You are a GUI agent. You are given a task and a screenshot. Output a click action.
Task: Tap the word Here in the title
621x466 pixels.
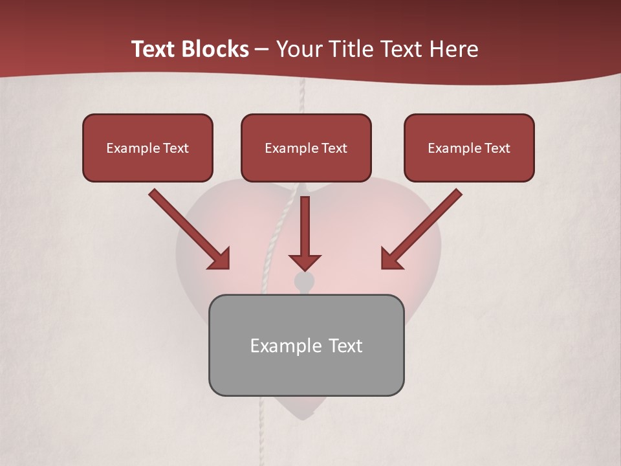[456, 49]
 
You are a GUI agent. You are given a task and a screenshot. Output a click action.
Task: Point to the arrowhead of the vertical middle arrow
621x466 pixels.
[305, 261]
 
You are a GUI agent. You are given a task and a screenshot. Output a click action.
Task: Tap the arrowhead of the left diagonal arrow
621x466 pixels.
[220, 259]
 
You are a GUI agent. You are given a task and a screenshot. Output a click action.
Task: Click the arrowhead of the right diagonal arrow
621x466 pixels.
[391, 259]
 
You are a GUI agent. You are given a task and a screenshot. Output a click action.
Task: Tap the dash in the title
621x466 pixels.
[262, 50]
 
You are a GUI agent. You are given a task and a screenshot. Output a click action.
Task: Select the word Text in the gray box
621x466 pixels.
[345, 346]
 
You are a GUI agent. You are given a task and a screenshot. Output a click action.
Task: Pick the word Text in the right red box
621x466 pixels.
[497, 148]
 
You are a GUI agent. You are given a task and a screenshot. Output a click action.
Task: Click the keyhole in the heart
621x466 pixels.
[303, 282]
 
